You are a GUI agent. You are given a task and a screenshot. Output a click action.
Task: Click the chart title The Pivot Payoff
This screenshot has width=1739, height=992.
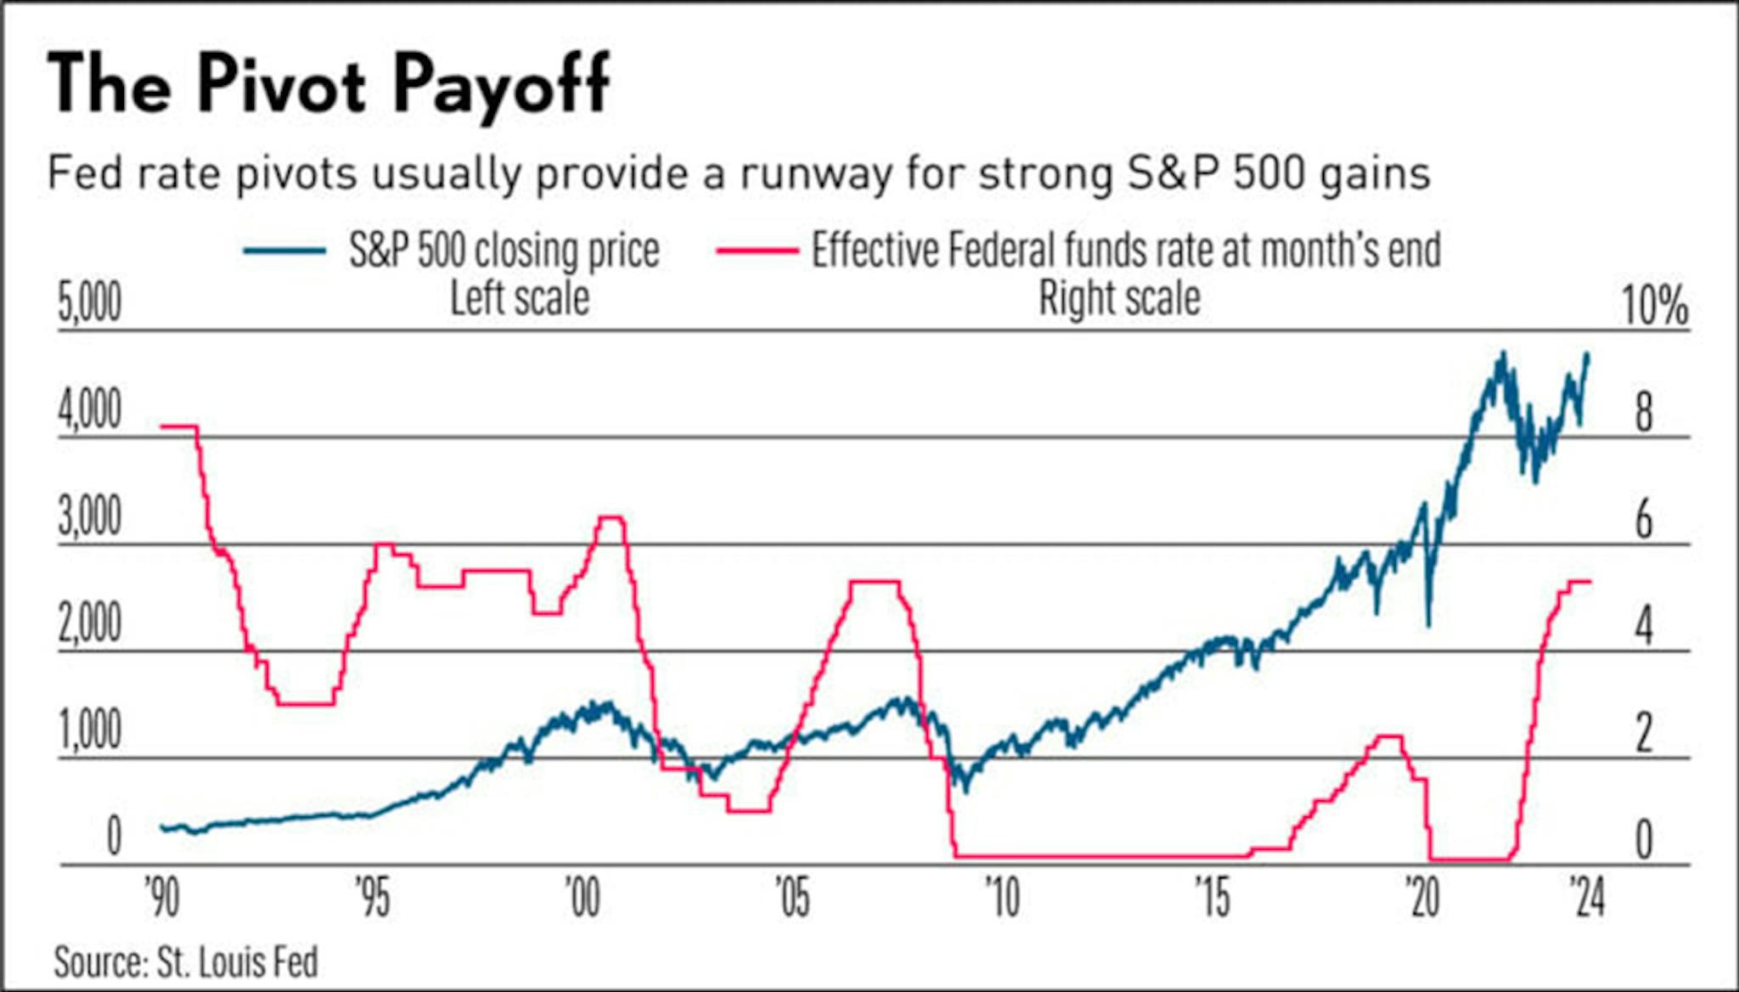tap(329, 83)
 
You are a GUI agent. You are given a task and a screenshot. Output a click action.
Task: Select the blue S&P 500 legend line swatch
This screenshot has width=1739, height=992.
tap(284, 251)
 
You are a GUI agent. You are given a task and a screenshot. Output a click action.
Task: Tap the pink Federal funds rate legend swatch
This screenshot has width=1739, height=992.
tap(757, 251)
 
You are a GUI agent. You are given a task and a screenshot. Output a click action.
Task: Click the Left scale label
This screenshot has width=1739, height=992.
tap(519, 298)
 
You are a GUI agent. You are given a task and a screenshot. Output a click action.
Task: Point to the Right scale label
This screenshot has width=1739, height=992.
tap(1119, 298)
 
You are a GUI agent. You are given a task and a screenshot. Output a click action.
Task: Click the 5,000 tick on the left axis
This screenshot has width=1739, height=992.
tap(90, 303)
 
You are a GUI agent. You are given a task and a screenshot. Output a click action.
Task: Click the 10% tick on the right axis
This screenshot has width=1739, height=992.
tap(1654, 306)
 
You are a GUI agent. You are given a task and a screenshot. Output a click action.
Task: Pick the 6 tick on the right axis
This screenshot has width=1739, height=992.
tap(1644, 520)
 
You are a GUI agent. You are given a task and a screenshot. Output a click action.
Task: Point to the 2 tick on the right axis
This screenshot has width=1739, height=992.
tap(1644, 733)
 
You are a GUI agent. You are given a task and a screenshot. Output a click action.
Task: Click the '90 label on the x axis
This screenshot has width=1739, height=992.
tap(162, 898)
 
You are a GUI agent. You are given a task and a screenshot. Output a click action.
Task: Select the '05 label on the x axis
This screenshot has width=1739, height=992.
tap(792, 898)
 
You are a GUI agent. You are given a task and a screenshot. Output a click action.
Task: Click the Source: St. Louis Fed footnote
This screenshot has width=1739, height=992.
tap(186, 962)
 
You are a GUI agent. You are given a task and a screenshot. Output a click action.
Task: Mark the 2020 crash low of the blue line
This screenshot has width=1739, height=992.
tap(1429, 625)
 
